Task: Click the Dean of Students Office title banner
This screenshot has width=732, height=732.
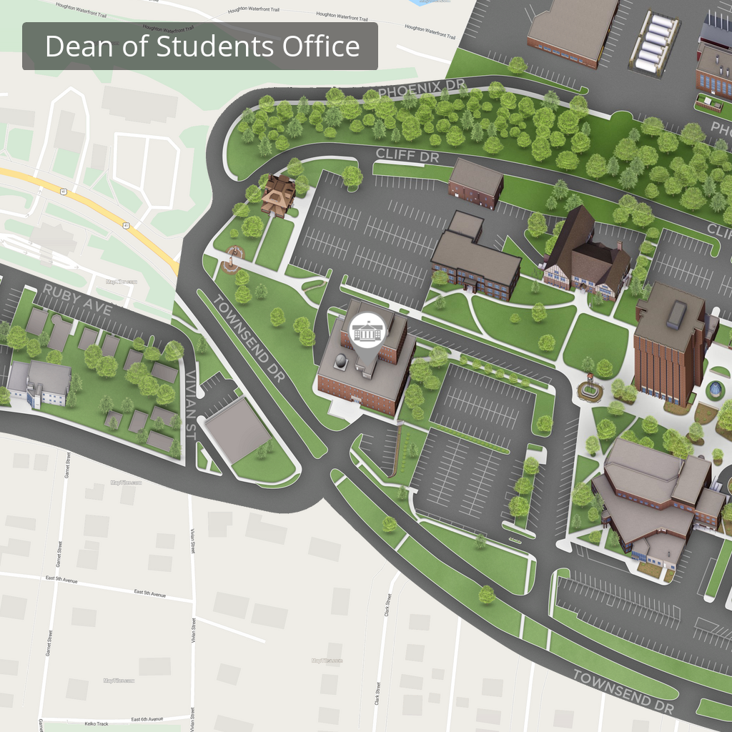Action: point(200,46)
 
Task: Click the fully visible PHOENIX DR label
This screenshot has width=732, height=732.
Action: point(422,89)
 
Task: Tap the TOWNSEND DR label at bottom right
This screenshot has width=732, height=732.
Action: point(623,692)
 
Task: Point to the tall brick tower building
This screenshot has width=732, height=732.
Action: point(669,344)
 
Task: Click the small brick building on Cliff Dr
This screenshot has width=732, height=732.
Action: point(475,182)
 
